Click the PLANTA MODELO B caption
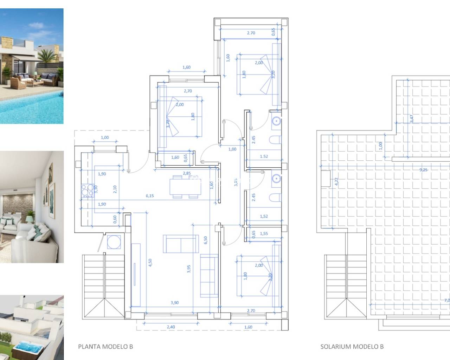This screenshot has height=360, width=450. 105,346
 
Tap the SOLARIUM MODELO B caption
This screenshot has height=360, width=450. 352,346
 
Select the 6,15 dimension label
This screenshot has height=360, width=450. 150,196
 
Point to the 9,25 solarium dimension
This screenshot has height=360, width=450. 424,170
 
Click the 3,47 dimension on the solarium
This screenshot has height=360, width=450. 412,118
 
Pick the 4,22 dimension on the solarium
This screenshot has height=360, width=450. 336,181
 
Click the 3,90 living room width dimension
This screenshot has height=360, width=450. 174,303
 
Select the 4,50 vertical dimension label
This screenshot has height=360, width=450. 150,263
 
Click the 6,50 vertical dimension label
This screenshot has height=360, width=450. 206,240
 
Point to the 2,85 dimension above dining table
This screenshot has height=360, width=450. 187,173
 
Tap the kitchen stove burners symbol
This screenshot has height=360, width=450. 86,190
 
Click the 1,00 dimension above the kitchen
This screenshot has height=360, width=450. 105,137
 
